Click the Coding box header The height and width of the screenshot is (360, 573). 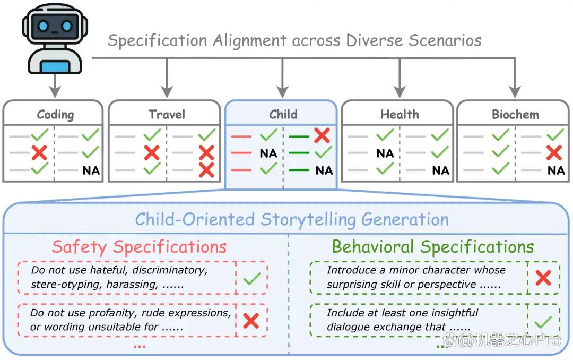pyautogui.click(x=55, y=115)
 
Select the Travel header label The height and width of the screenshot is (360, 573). pyautogui.click(x=167, y=114)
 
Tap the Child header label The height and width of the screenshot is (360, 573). pyautogui.click(x=283, y=114)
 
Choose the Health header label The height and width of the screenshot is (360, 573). pyautogui.click(x=400, y=114)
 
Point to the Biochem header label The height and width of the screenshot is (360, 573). pyautogui.click(x=515, y=114)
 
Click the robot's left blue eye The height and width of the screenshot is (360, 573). pyautogui.click(x=43, y=26)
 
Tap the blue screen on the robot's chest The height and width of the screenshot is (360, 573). pyautogui.click(x=55, y=67)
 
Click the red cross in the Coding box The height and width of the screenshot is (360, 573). pyautogui.click(x=39, y=152)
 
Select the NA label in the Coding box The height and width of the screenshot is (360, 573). pyautogui.click(x=91, y=170)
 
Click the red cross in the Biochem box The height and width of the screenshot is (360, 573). pyautogui.click(x=554, y=152)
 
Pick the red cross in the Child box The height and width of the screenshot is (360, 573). pyautogui.click(x=322, y=135)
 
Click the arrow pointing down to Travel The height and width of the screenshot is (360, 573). pyautogui.click(x=167, y=78)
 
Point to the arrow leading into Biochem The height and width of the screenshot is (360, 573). pyautogui.click(x=515, y=78)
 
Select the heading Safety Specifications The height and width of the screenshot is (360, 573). pyautogui.click(x=139, y=247)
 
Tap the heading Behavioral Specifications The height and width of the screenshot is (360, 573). pyautogui.click(x=433, y=247)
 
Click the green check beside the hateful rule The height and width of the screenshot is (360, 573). pyautogui.click(x=252, y=278)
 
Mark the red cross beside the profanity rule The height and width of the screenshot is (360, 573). pyautogui.click(x=251, y=321)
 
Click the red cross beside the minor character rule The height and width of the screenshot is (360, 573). pyautogui.click(x=543, y=278)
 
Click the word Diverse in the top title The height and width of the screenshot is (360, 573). pyautogui.click(x=374, y=40)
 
